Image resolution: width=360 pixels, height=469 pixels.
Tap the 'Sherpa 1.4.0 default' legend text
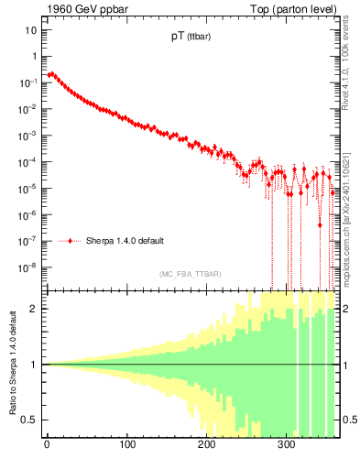coord(125,241)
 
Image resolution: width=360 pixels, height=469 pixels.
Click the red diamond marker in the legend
coord(71,241)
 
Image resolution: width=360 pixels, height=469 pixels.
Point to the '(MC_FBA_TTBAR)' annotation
coord(190,275)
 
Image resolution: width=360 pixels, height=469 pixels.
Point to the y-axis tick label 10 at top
coord(30,29)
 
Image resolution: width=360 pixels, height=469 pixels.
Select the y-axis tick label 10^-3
coord(28,136)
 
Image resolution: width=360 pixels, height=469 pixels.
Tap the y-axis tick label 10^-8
coord(28,268)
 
